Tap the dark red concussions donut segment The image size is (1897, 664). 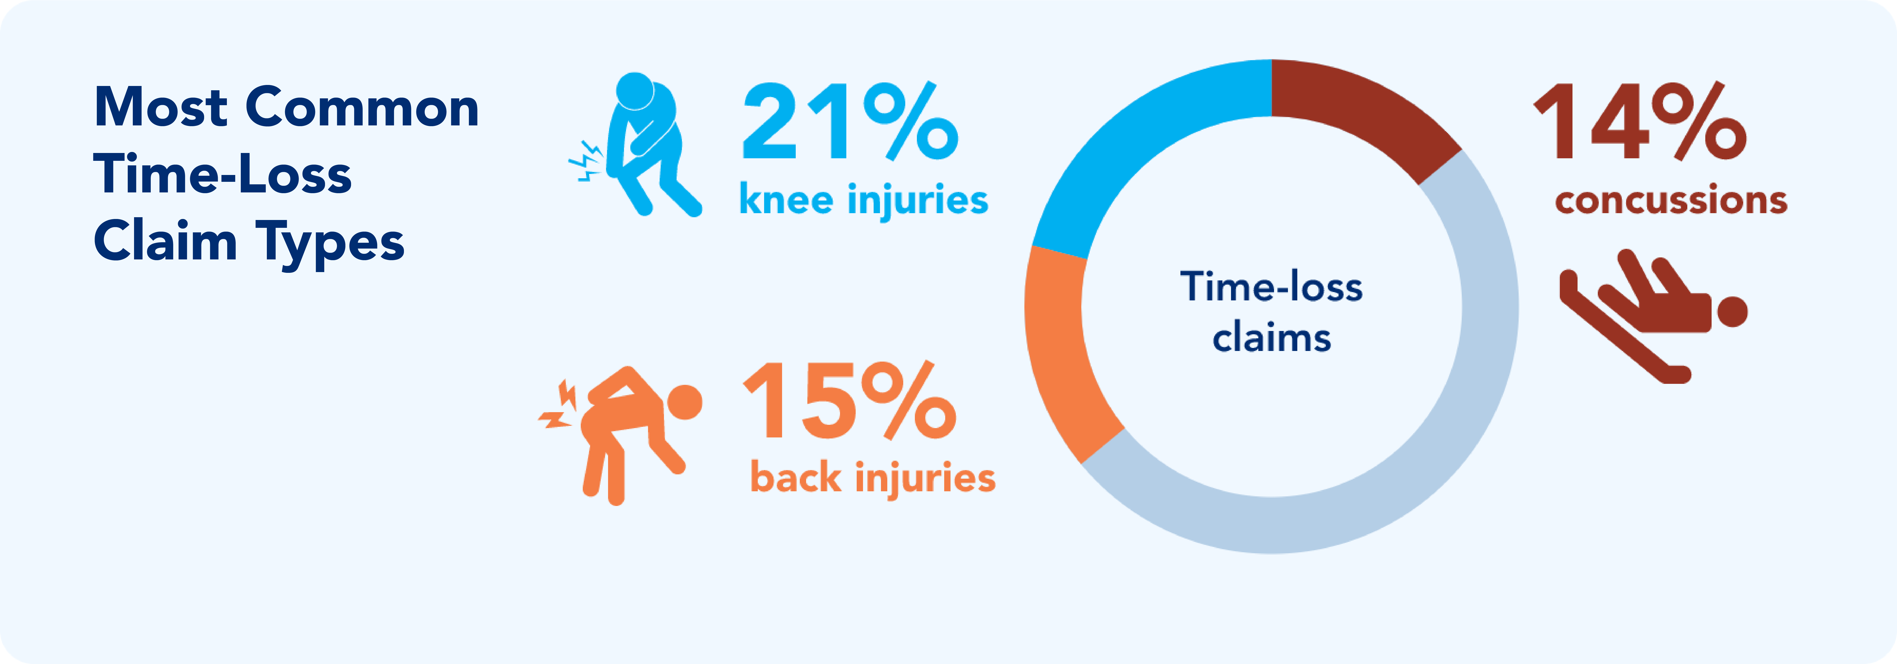(1370, 110)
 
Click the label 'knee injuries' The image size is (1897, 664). (863, 200)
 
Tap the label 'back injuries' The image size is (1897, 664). (873, 478)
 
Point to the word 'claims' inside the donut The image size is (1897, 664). (1272, 338)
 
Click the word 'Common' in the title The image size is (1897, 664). (362, 107)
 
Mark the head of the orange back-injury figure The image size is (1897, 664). (684, 402)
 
